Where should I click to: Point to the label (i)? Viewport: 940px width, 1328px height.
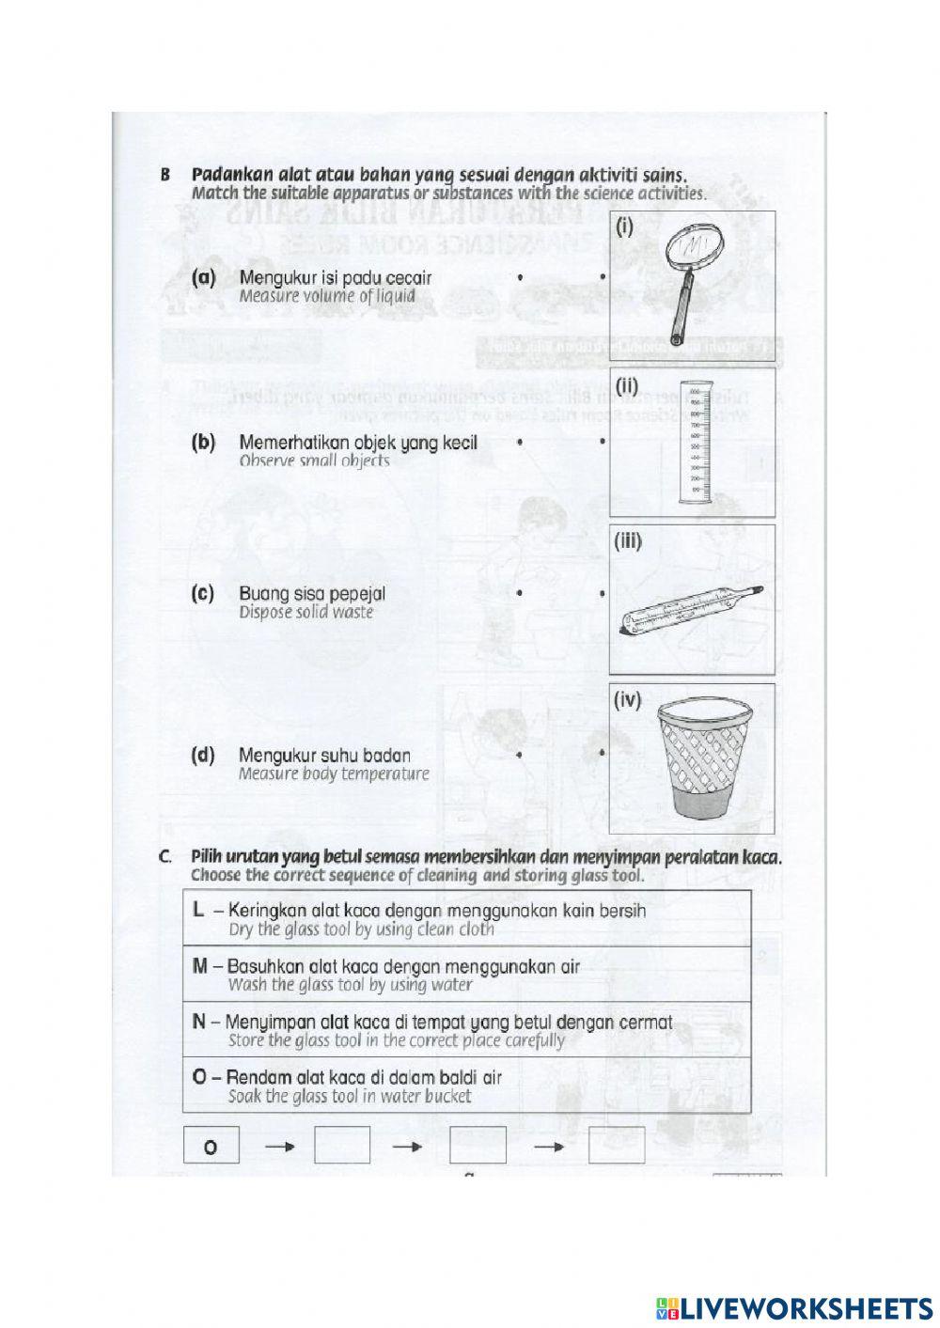click(624, 227)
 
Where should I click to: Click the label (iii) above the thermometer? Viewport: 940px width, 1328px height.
click(628, 541)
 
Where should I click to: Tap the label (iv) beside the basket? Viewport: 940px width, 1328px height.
click(627, 700)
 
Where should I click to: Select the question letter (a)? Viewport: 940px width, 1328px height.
click(203, 278)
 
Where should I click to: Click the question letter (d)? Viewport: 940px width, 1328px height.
click(203, 755)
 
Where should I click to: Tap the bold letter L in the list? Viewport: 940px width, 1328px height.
click(197, 910)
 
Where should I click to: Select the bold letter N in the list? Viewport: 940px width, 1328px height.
click(198, 1022)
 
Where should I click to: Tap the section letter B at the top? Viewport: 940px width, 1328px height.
click(165, 175)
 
